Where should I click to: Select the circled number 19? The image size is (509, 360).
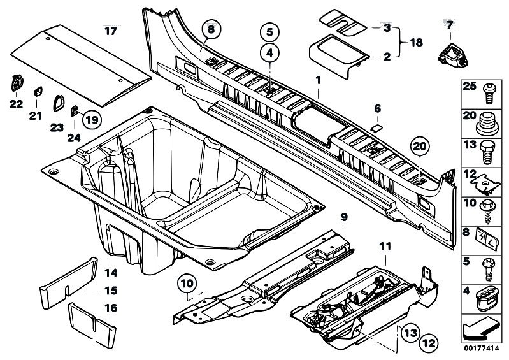pyautogui.click(x=92, y=119)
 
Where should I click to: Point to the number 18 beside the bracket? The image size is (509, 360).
pyautogui.click(x=415, y=43)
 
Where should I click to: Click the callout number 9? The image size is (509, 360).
pyautogui.click(x=343, y=218)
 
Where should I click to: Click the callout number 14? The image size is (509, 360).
pyautogui.click(x=111, y=273)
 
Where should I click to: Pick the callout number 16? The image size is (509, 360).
pyautogui.click(x=111, y=308)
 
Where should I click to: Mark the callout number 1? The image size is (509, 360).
pyautogui.click(x=317, y=80)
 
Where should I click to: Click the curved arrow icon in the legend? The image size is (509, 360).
pyautogui.click(x=480, y=331)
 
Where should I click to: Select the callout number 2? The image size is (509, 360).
pyautogui.click(x=385, y=57)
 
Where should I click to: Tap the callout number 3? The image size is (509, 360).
pyautogui.click(x=385, y=29)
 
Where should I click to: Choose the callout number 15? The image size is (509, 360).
pyautogui.click(x=111, y=291)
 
